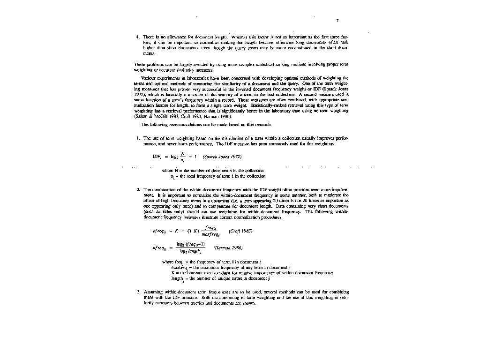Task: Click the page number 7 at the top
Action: click(337, 21)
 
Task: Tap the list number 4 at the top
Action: click(137, 36)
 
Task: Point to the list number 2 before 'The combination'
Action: click(138, 189)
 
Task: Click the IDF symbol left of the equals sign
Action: click(157, 157)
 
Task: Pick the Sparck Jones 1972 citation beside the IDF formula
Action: click(222, 157)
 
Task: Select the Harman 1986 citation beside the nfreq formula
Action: click(228, 247)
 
